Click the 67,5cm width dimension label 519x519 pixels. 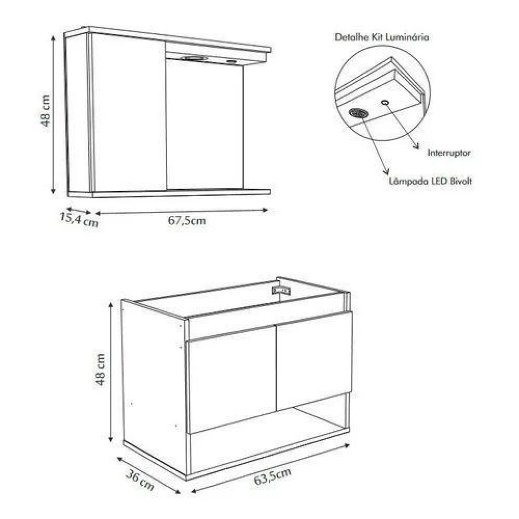click(x=187, y=221)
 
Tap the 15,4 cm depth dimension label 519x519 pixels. click(x=79, y=220)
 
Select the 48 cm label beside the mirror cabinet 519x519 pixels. click(x=45, y=111)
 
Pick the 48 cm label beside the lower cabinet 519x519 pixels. click(x=100, y=370)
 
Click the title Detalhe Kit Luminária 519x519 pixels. click(x=382, y=37)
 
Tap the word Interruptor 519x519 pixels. click(x=449, y=153)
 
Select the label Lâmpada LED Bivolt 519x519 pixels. click(x=430, y=181)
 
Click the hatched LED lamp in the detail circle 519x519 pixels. click(x=359, y=113)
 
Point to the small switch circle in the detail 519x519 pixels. click(x=385, y=103)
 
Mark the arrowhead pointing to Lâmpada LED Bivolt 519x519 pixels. click(x=386, y=171)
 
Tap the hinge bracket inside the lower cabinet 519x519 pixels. click(x=281, y=291)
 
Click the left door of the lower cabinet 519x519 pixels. click(x=231, y=379)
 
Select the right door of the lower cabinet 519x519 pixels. click(x=315, y=360)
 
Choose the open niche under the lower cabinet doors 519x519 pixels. click(x=268, y=440)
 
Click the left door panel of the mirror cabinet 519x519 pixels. click(x=129, y=113)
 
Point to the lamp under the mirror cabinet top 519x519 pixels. click(x=194, y=58)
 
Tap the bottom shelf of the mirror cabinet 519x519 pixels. click(x=169, y=193)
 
